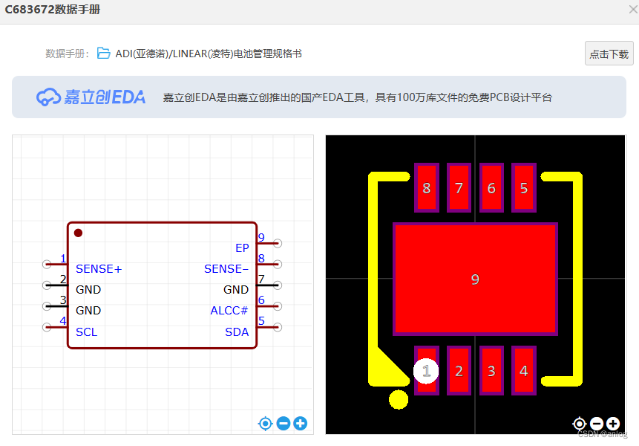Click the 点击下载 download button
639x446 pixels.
click(x=609, y=54)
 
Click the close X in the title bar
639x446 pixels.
click(x=632, y=10)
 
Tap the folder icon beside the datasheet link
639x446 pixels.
click(x=104, y=54)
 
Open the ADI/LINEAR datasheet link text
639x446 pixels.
click(x=209, y=54)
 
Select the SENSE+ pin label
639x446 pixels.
click(x=99, y=269)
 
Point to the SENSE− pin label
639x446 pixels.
click(x=226, y=269)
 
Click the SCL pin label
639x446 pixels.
click(x=86, y=332)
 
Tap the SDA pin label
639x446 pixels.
click(x=237, y=332)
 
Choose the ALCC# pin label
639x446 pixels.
click(x=229, y=311)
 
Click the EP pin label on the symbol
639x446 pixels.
click(x=242, y=248)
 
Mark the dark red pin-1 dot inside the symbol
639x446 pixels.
click(x=78, y=233)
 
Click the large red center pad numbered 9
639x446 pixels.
click(x=475, y=279)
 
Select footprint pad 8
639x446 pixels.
click(x=426, y=188)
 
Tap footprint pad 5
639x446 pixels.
click(x=524, y=188)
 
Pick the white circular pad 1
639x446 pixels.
click(x=426, y=370)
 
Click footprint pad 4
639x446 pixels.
click(x=524, y=370)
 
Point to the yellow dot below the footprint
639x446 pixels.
click(x=399, y=400)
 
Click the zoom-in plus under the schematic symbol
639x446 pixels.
click(x=300, y=424)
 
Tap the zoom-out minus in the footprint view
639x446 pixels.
click(x=597, y=424)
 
